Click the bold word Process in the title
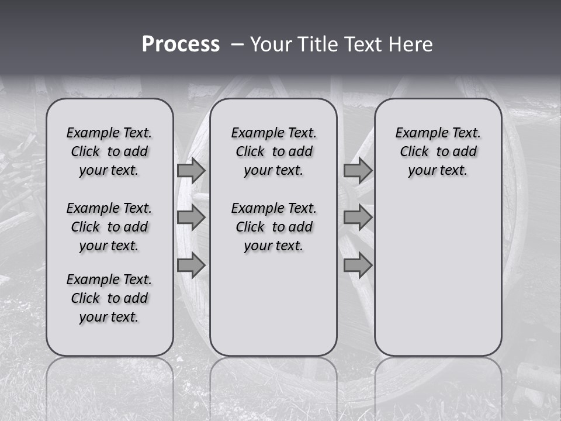(181, 44)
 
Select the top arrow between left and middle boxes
(191, 170)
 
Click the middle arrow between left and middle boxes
(191, 218)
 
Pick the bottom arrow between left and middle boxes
(191, 265)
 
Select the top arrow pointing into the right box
(358, 170)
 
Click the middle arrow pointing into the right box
(358, 218)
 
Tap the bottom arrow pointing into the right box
(358, 265)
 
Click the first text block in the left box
(109, 151)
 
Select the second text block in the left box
(109, 227)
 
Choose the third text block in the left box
(109, 298)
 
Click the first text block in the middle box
(273, 151)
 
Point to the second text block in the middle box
(273, 227)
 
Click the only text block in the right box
(438, 151)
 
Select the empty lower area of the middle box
(273, 304)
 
